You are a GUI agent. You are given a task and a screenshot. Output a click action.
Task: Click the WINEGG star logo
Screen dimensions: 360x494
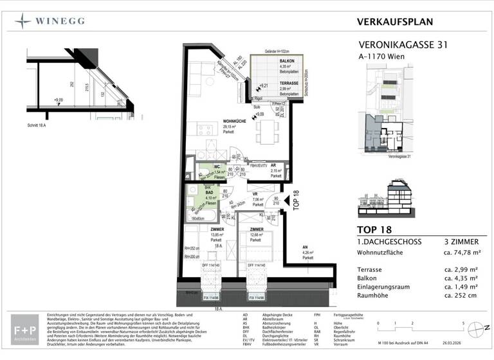click(23, 21)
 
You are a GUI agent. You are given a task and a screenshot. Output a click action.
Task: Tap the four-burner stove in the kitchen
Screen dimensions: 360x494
click(205, 130)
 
